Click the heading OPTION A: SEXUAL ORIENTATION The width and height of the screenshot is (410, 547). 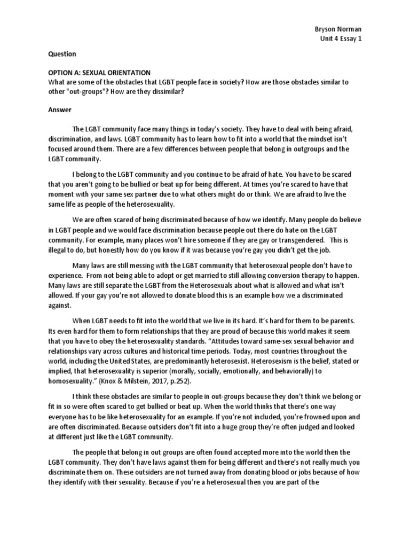(x=99, y=73)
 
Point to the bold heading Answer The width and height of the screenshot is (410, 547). (x=60, y=110)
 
